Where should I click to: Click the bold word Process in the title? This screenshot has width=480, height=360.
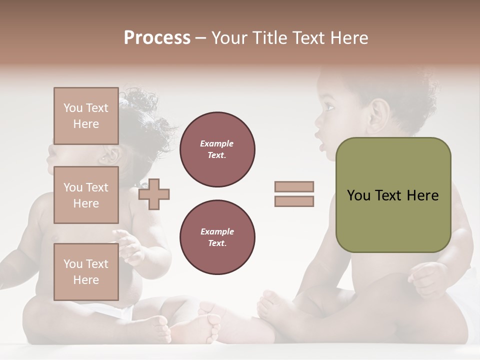tap(157, 38)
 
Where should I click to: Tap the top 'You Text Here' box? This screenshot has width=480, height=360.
tap(86, 116)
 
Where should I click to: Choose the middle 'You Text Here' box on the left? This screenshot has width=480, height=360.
tap(86, 195)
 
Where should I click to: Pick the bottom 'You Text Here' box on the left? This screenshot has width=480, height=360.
tap(86, 271)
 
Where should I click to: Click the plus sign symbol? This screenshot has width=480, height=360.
tap(154, 194)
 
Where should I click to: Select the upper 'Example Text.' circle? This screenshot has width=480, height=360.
tap(217, 149)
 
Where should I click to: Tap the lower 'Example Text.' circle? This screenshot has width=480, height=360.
tap(217, 237)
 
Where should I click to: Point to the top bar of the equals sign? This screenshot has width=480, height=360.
tap(294, 186)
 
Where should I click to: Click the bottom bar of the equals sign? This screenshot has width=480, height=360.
tap(294, 201)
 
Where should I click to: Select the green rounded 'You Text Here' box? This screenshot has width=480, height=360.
tap(393, 195)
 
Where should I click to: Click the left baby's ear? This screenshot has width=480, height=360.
tap(111, 156)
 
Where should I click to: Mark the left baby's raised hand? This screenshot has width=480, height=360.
tap(129, 245)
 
